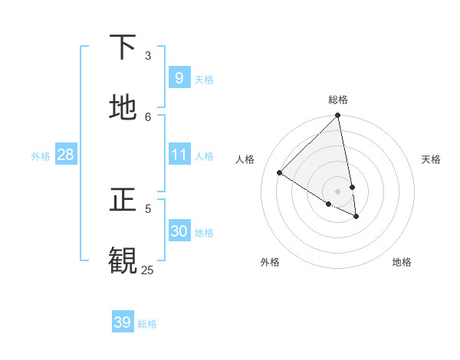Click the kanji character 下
[x=123, y=47]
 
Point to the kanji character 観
[x=123, y=260]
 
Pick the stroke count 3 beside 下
[x=148, y=55]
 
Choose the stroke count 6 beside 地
[x=148, y=116]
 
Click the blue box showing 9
[x=179, y=77]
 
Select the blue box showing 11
[x=179, y=155]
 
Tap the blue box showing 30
[x=179, y=231]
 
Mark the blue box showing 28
[x=65, y=155]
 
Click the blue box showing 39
[x=122, y=322]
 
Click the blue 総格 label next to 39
[x=147, y=324]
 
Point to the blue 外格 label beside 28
[x=41, y=156]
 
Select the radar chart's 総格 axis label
[x=338, y=100]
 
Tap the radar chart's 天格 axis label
[x=431, y=159]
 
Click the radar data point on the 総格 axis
[x=337, y=116]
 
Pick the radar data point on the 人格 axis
[x=280, y=173]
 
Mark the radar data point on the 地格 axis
[x=356, y=217]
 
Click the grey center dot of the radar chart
[x=337, y=191]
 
